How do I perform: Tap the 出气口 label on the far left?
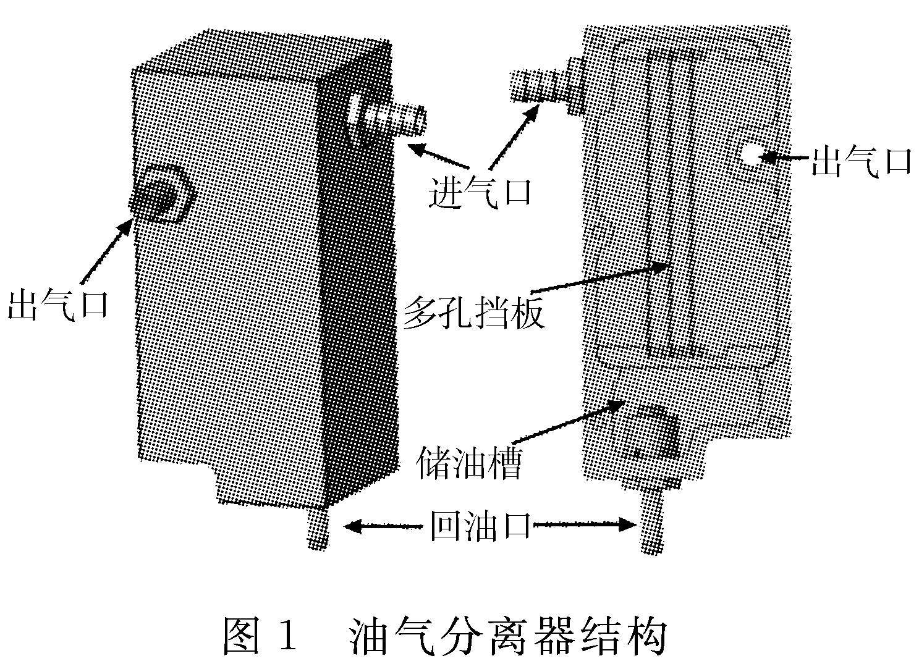click(58, 305)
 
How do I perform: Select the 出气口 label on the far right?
click(862, 162)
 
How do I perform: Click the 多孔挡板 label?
click(474, 313)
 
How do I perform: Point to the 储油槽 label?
click(470, 463)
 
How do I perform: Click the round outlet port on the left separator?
click(162, 193)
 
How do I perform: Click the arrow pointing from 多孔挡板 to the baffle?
click(599, 278)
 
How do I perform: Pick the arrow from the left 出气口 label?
click(105, 253)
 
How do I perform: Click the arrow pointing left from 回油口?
click(383, 526)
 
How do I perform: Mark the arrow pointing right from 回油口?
click(584, 526)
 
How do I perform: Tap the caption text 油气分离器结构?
click(507, 636)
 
